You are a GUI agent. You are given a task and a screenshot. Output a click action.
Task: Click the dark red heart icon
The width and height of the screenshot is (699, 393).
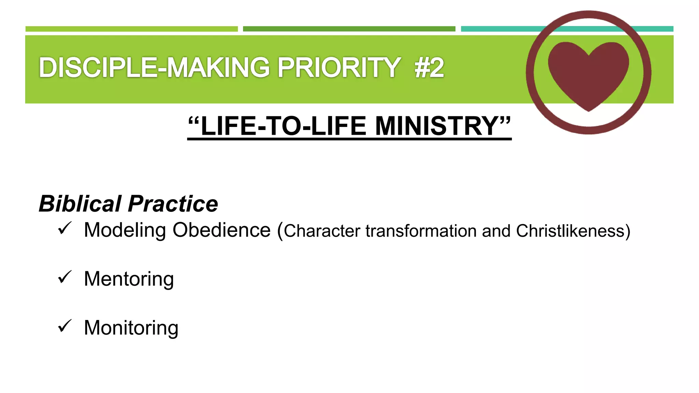pyautogui.click(x=588, y=73)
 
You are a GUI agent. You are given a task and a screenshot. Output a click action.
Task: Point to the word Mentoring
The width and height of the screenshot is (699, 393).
pyautogui.click(x=129, y=279)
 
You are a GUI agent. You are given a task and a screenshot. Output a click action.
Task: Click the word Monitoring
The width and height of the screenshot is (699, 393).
pyautogui.click(x=131, y=328)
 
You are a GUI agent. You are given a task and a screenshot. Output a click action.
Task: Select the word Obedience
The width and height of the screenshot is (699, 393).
pyautogui.click(x=222, y=230)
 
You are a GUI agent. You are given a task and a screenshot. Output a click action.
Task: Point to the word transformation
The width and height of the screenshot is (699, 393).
pyautogui.click(x=421, y=231)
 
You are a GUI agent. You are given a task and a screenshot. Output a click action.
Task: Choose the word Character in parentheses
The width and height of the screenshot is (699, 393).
pyautogui.click(x=322, y=231)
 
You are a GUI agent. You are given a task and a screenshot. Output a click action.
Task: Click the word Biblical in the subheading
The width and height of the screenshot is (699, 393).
pyautogui.click(x=80, y=204)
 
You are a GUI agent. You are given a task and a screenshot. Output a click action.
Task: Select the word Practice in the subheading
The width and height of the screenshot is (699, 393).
pyautogui.click(x=173, y=204)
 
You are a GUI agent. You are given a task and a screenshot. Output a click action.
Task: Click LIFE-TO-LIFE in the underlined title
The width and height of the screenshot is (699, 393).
pyautogui.click(x=284, y=126)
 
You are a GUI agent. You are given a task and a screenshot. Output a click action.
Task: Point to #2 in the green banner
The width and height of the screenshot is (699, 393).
pyautogui.click(x=429, y=68)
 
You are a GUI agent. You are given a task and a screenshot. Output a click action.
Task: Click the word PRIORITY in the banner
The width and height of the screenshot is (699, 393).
pyautogui.click(x=339, y=68)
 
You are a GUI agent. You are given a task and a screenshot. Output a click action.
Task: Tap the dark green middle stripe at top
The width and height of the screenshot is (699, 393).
pyautogui.click(x=349, y=29)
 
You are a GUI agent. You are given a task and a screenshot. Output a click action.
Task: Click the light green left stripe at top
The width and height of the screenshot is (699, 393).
pyautogui.click(x=131, y=29)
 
